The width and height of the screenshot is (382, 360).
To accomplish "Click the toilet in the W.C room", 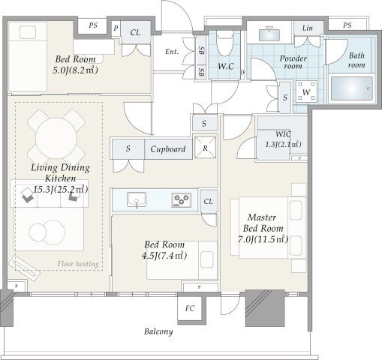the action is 225,43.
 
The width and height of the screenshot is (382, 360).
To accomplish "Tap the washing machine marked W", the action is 306,91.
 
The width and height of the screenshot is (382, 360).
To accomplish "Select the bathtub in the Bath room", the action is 351,88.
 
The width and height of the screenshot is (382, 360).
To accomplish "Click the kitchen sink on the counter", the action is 137,199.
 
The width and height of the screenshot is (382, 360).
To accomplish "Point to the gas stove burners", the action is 182,200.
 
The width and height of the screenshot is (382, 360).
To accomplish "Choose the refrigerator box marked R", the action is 205,148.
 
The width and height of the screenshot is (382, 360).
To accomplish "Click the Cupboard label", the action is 168,149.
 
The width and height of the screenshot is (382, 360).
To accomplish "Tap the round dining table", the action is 56,138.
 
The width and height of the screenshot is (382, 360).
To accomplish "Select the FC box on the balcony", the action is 190,308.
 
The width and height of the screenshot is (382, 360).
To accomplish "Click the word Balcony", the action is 158,331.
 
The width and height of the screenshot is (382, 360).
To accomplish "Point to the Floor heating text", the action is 78,264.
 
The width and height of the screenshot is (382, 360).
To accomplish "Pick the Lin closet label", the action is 307,28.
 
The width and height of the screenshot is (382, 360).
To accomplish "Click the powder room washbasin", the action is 269,34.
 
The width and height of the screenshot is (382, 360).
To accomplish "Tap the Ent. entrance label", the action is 172,52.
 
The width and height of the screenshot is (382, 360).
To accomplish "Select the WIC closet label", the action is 283,134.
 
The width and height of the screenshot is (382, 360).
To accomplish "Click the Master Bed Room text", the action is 263,223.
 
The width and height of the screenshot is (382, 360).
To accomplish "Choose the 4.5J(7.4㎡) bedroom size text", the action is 164,256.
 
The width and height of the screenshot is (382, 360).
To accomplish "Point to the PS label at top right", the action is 347,25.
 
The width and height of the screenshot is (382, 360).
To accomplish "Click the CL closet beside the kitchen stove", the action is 209,202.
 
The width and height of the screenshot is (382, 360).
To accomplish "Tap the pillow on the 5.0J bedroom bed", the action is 28,32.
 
